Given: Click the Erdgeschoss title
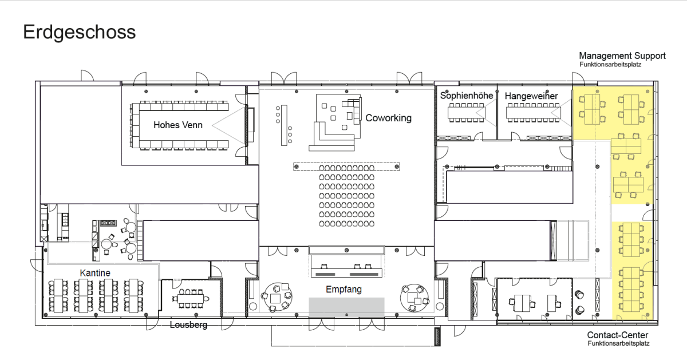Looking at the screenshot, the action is pos(80,33).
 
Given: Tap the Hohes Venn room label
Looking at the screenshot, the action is pos(178,125).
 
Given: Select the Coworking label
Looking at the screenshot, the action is pos(388,118).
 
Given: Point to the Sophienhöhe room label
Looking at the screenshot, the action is pos(467,96).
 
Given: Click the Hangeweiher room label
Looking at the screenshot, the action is pos(531,96).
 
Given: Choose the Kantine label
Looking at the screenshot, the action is pos(95,273).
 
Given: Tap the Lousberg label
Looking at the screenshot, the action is pos(188,325).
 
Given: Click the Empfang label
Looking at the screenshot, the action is pos(343,290).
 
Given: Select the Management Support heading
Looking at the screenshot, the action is pos(622,56).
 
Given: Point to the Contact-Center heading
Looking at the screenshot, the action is pos(618,335).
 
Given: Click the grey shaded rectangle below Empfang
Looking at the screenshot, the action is pos(346,307).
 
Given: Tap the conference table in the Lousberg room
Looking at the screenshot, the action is pos(191,298).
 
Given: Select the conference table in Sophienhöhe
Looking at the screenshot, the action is pos(466,113).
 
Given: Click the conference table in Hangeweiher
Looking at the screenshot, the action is pos(533,113).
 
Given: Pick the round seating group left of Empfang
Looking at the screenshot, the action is pos(277,297).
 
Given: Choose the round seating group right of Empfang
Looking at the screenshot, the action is pos(414,298).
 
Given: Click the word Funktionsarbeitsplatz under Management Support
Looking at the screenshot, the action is pos(610,65).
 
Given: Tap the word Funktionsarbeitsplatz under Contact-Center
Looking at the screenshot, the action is pos(619,343).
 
